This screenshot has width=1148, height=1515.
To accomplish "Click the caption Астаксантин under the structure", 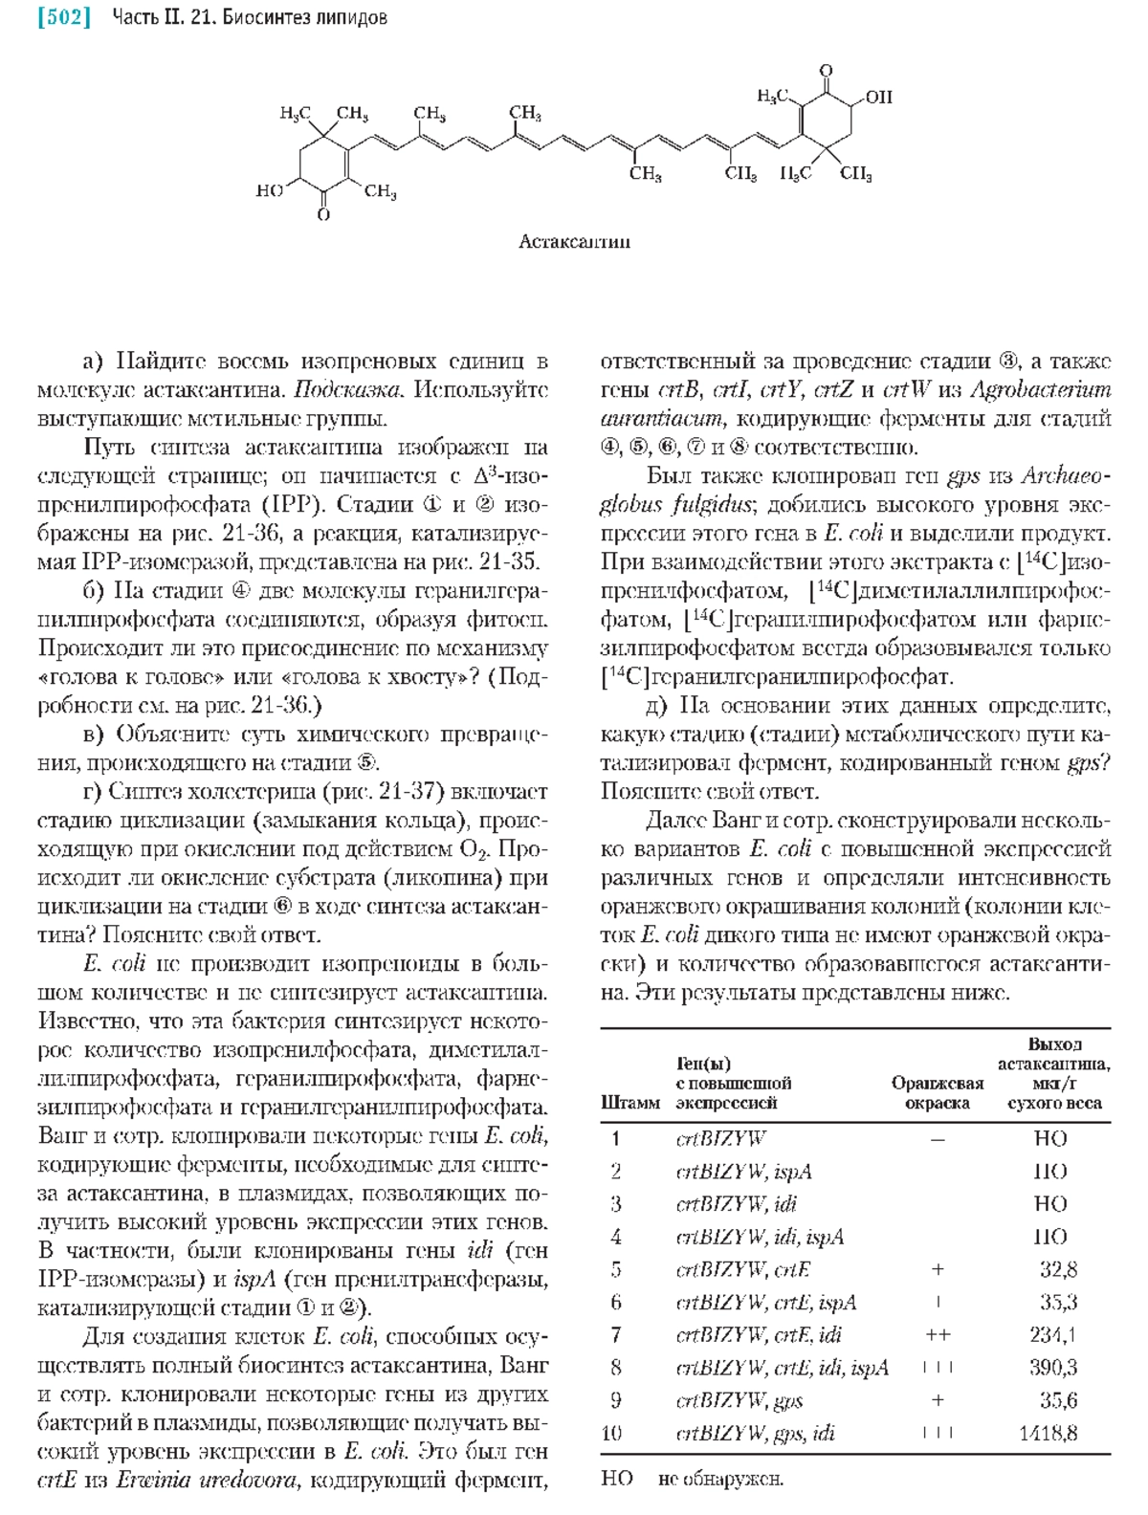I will pyautogui.click(x=574, y=241).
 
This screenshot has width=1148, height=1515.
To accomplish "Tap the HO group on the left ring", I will pyautogui.click(x=270, y=191).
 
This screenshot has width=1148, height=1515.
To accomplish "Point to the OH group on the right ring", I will pyautogui.click(x=877, y=97).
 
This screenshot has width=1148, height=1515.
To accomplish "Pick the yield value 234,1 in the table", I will pyautogui.click(x=1052, y=1335).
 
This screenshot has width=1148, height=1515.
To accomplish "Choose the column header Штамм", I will pyautogui.click(x=629, y=1103).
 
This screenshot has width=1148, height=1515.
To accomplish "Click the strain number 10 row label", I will pyautogui.click(x=612, y=1433).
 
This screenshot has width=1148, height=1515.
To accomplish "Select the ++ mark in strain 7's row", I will pyautogui.click(x=938, y=1335).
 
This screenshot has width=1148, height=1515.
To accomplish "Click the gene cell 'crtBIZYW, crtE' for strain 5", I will pyautogui.click(x=743, y=1270).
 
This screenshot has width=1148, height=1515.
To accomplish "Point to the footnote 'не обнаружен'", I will pyautogui.click(x=720, y=1480).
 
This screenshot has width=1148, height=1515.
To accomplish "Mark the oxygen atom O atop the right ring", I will pyautogui.click(x=827, y=70).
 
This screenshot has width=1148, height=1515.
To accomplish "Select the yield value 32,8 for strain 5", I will pyautogui.click(x=1058, y=1270).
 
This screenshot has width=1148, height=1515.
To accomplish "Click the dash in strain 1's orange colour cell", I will pyautogui.click(x=938, y=1139).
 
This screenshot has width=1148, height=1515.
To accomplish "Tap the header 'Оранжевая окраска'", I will pyautogui.click(x=938, y=1093).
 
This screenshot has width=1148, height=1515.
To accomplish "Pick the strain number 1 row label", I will pyautogui.click(x=616, y=1139).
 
